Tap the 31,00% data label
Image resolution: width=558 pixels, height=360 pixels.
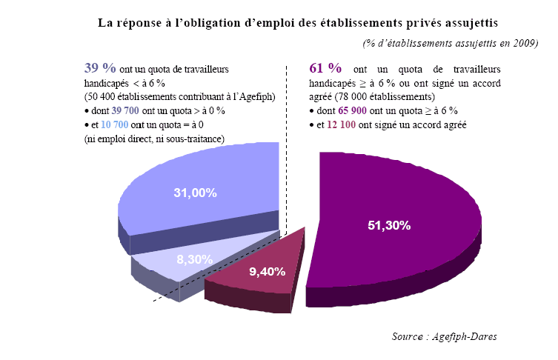[195, 193]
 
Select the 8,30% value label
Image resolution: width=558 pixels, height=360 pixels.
[194, 259]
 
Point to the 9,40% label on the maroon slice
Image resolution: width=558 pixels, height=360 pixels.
[268, 271]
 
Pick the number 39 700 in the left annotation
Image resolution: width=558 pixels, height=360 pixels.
[127, 110]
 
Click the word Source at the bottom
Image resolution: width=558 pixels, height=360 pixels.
[409, 337]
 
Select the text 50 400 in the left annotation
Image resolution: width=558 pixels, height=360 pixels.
[103, 96]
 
